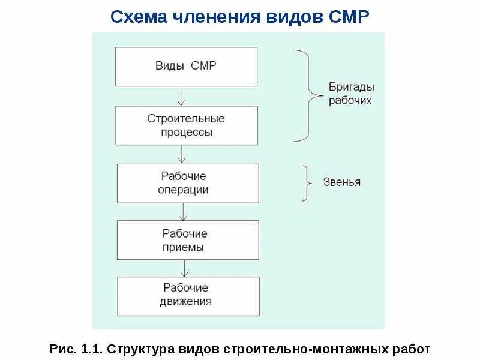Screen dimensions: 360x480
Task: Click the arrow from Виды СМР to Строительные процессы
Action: pyautogui.click(x=181, y=95)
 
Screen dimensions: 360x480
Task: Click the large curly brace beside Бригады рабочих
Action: pyautogui.click(x=306, y=96)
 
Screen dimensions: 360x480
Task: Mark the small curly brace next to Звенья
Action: pyautogui.click(x=307, y=182)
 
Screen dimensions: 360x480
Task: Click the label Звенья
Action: pyautogui.click(x=343, y=182)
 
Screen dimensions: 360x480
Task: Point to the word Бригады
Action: pyautogui.click(x=350, y=87)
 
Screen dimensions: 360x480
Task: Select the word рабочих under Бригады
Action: pyautogui.click(x=350, y=101)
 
